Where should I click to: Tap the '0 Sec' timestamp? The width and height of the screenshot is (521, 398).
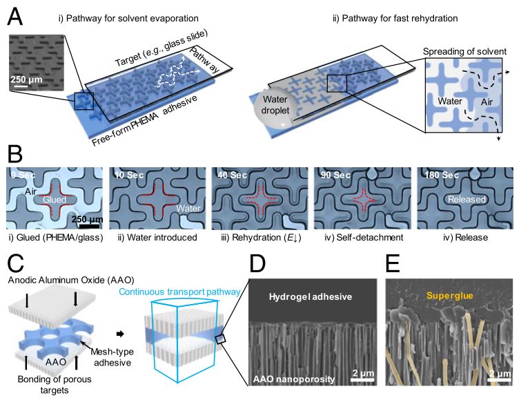pos(23,176)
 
